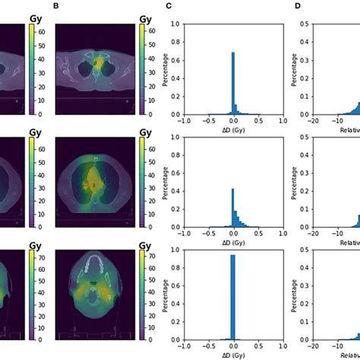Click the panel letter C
pyautogui.click(x=169, y=6)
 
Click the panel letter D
pyautogui.click(x=298, y=6)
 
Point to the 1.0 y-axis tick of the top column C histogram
pyautogui.click(x=175, y=24)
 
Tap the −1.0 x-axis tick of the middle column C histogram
pyautogui.click(x=183, y=234)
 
